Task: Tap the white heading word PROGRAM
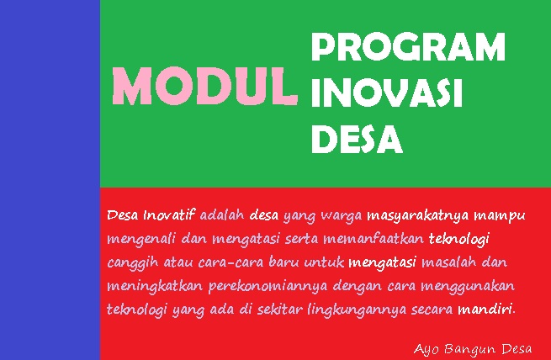point(408,48)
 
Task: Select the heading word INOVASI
point(386,93)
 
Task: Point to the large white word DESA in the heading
point(357,139)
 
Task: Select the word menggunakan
point(467,286)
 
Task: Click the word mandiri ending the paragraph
point(485,310)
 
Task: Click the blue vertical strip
point(50,180)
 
